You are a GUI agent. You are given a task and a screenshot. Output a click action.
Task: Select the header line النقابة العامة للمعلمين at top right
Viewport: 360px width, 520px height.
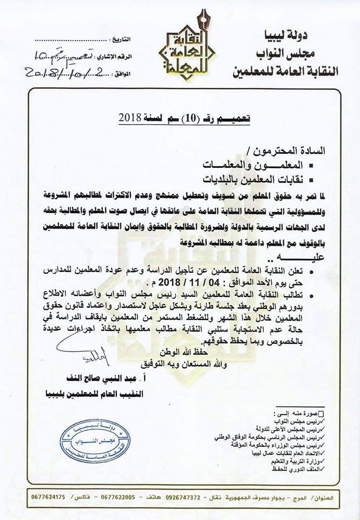(x=285, y=69)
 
